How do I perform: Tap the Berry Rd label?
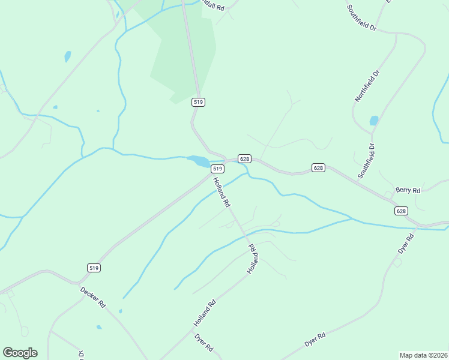408,190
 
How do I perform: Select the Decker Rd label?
93,297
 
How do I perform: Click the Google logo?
20,353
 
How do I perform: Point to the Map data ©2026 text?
424,355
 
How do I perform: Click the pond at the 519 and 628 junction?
199,161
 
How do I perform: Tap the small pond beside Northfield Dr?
374,121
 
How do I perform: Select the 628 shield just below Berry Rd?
402,211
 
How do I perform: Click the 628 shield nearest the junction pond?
244,158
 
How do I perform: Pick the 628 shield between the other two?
318,167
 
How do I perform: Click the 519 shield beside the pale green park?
199,102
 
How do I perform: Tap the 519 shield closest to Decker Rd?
93,268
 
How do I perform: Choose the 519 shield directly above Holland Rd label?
217,169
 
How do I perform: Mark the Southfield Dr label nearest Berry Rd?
366,160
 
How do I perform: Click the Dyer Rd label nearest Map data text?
315,339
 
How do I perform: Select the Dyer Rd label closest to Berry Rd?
406,244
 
